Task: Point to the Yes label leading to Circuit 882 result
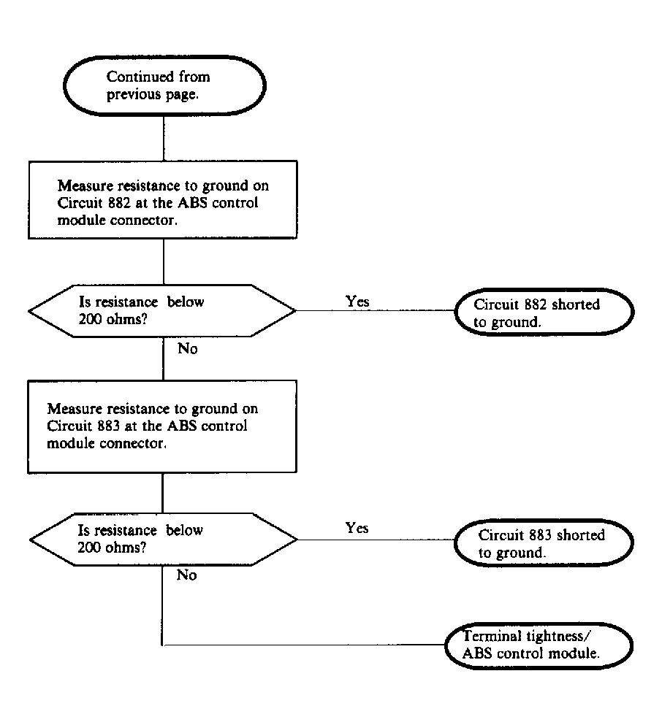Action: pyautogui.click(x=357, y=302)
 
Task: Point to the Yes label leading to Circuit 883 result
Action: pyautogui.click(x=357, y=528)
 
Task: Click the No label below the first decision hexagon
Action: pyautogui.click(x=187, y=348)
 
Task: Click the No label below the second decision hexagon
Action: pyautogui.click(x=186, y=575)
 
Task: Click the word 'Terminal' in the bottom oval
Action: pyautogui.click(x=492, y=636)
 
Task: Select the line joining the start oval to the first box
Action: pyautogui.click(x=164, y=138)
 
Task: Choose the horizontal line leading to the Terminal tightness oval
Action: pyautogui.click(x=303, y=645)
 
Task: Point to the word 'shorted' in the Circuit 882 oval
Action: pyautogui.click(x=576, y=304)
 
